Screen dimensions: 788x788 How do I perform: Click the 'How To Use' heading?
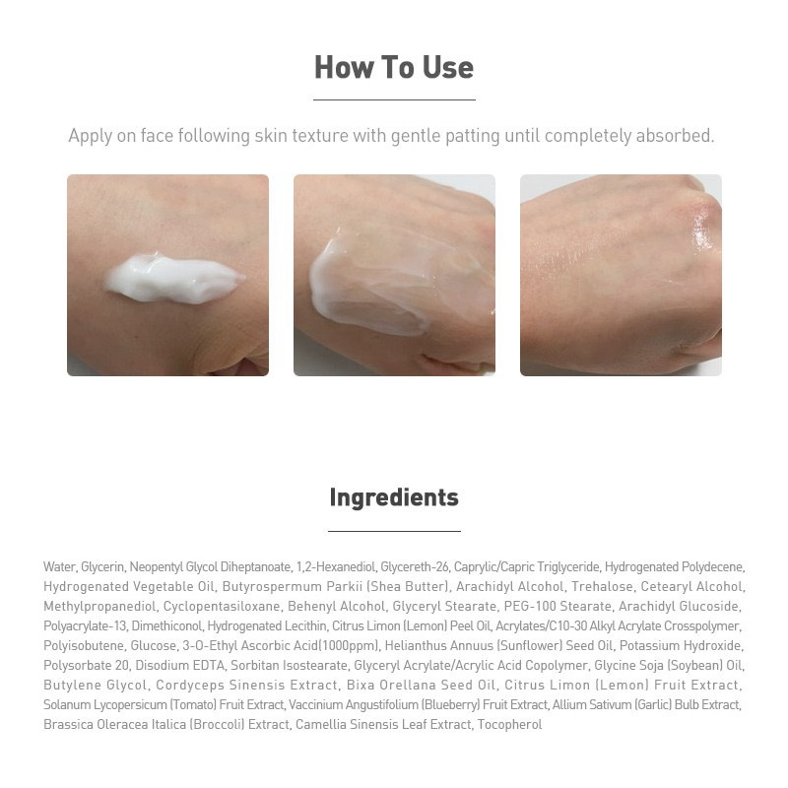point(394,67)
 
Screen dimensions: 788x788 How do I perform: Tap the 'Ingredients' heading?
point(394,497)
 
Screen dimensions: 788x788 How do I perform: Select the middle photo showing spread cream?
point(394,275)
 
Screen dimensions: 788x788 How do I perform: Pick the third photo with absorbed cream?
point(621,275)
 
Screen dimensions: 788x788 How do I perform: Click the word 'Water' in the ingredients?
point(59,567)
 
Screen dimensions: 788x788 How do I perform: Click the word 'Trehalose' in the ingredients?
point(603,587)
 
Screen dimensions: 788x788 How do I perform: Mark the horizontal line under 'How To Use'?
point(394,99)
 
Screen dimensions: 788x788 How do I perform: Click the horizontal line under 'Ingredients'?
point(394,531)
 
